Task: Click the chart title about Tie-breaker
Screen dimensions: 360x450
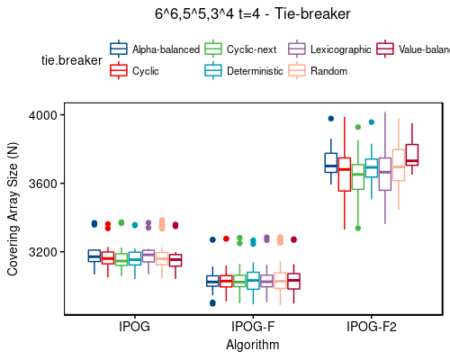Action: [x=251, y=13]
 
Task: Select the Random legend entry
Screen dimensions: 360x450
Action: [x=328, y=70]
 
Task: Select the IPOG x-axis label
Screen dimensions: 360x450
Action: [x=134, y=326]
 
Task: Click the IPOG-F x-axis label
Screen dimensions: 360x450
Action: [x=253, y=326]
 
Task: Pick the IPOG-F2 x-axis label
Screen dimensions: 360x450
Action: [x=371, y=326]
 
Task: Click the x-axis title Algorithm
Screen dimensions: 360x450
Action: [x=253, y=344]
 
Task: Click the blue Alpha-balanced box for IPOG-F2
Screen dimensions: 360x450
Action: [x=330, y=162]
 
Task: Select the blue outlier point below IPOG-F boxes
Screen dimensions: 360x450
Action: [x=212, y=303]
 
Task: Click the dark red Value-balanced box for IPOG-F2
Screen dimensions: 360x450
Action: [x=412, y=155]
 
